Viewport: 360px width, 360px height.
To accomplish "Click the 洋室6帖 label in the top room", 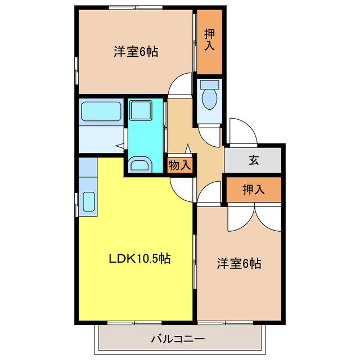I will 136,52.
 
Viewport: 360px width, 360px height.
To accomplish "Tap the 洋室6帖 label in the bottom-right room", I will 239,263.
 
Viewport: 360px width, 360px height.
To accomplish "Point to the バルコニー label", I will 178,339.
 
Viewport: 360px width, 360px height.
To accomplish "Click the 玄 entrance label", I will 254,160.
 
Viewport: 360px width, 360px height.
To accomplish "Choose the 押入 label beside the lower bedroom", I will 253,190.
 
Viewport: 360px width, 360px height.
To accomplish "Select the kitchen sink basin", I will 88,201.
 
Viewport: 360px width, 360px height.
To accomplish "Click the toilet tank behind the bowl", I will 209,84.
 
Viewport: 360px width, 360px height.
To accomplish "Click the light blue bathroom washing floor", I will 100,138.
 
